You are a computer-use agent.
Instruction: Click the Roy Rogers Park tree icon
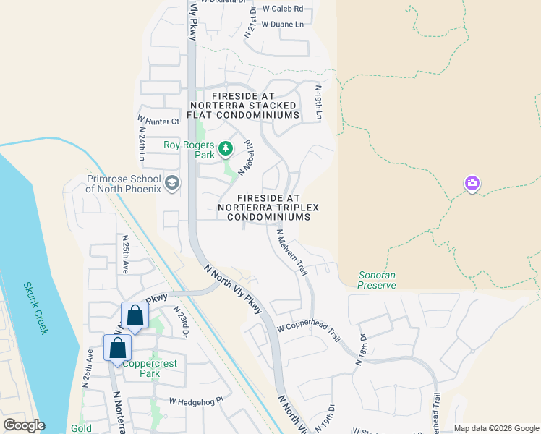(x=226, y=148)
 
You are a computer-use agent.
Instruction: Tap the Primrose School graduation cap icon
(x=172, y=182)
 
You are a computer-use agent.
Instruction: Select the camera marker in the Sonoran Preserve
(x=472, y=184)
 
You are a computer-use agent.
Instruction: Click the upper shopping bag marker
(x=135, y=315)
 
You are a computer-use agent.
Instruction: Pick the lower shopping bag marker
(x=117, y=349)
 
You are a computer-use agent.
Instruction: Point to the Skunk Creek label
(x=34, y=307)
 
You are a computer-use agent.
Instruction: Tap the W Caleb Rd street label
(x=282, y=9)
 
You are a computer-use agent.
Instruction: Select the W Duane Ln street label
(x=282, y=24)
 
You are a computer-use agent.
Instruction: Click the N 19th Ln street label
(x=318, y=101)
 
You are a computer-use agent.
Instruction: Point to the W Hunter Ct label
(x=158, y=121)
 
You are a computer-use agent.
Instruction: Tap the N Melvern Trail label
(x=293, y=252)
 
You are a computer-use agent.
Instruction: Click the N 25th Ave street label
(x=125, y=253)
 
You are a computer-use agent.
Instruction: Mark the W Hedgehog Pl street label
(x=197, y=400)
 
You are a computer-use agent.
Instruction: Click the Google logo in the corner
(x=23, y=425)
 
